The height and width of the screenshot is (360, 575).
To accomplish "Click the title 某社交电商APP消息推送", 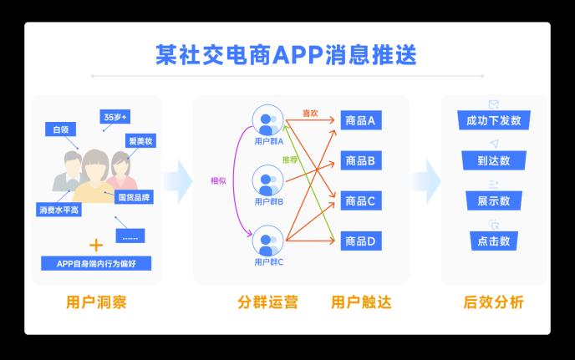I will click(287, 55).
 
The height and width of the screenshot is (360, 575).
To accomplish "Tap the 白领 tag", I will click(61, 130).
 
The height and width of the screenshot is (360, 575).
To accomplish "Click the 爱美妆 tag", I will click(140, 141).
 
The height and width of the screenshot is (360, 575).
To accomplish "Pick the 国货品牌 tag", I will click(133, 198).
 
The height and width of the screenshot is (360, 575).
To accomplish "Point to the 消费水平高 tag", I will click(59, 209).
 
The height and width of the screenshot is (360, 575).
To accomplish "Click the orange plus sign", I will click(96, 246).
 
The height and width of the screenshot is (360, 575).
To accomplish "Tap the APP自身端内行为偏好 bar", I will click(96, 264).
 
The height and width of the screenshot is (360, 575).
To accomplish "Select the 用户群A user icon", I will click(269, 123).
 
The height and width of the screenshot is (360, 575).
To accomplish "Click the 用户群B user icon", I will click(269, 181).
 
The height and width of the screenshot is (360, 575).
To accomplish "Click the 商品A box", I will click(360, 121).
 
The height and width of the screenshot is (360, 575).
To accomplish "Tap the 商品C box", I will click(360, 201).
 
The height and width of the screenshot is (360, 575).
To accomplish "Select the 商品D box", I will click(360, 241).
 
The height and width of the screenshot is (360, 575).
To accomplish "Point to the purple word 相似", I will click(219, 180).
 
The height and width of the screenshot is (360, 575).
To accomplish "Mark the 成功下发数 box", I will click(493, 121).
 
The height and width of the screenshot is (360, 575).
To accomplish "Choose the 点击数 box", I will click(493, 241).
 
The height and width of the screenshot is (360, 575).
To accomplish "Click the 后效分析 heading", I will click(493, 302).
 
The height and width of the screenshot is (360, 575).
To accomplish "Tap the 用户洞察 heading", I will click(96, 302).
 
